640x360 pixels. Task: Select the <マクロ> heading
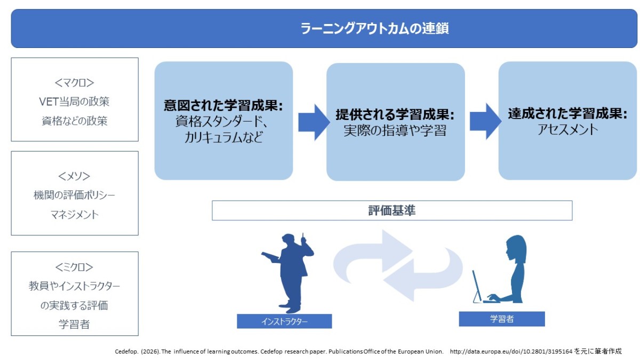click(x=74, y=83)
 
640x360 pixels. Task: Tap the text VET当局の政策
click(x=74, y=101)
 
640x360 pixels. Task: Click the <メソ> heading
click(x=74, y=176)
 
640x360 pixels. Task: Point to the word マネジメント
click(x=74, y=214)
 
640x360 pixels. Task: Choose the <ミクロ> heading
click(x=74, y=267)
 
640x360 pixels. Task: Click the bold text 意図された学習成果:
click(x=223, y=105)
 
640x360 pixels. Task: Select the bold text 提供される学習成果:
click(x=395, y=115)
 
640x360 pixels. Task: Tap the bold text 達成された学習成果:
click(x=567, y=114)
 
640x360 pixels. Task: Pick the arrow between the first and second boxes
click(x=314, y=122)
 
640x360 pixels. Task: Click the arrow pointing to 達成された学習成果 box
click(x=485, y=121)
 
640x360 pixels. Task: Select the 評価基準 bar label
click(x=392, y=211)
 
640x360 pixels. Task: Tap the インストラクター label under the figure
click(x=284, y=321)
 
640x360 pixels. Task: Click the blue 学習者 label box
click(x=501, y=319)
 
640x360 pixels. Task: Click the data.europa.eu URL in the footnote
click(x=511, y=351)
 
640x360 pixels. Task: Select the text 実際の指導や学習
click(x=395, y=131)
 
